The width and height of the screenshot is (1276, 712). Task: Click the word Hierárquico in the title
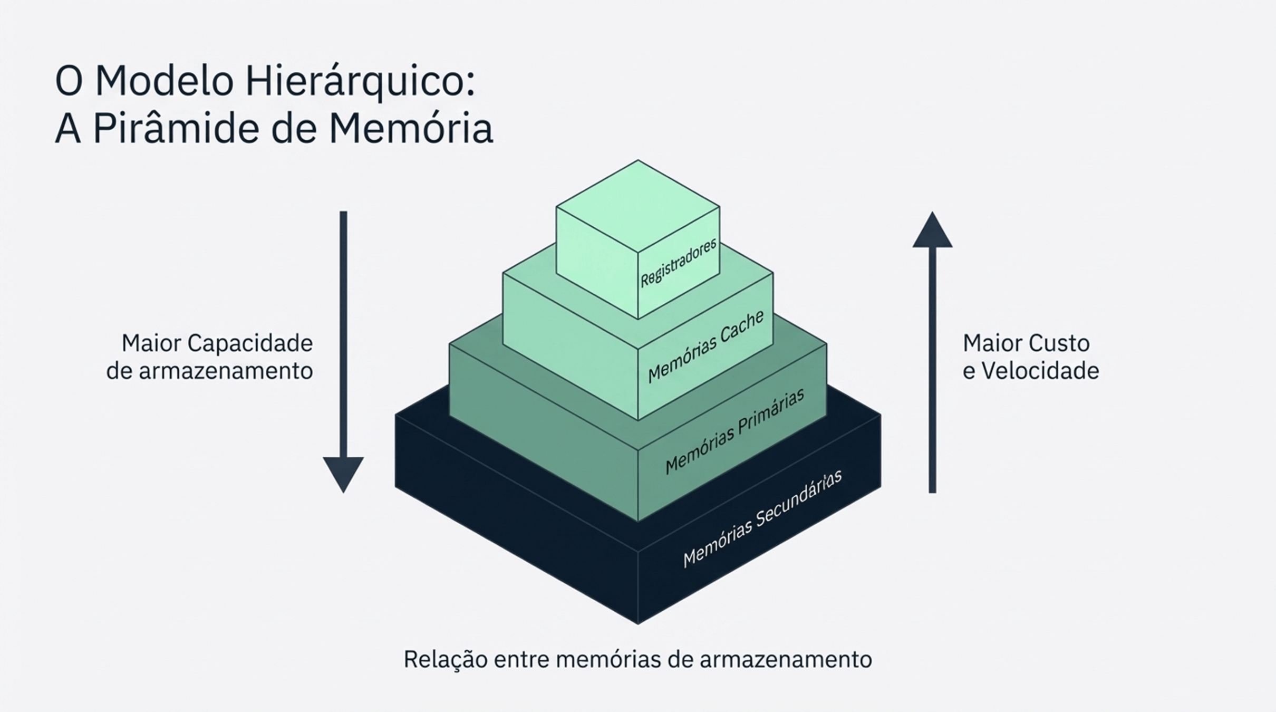360,82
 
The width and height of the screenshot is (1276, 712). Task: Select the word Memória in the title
411,129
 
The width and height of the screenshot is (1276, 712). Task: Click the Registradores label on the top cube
679,263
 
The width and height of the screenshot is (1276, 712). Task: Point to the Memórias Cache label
705,347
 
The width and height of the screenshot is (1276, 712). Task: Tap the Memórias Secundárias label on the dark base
762,518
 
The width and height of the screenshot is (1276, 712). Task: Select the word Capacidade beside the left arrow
250,343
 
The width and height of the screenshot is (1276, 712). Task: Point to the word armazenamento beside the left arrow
226,371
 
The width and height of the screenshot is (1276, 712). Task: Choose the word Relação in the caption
446,659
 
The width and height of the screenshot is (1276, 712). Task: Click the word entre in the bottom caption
522,659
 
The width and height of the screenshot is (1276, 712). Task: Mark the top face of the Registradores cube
638,206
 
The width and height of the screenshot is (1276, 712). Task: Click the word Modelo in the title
164,82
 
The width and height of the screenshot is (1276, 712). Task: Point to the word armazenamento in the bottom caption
786,659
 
